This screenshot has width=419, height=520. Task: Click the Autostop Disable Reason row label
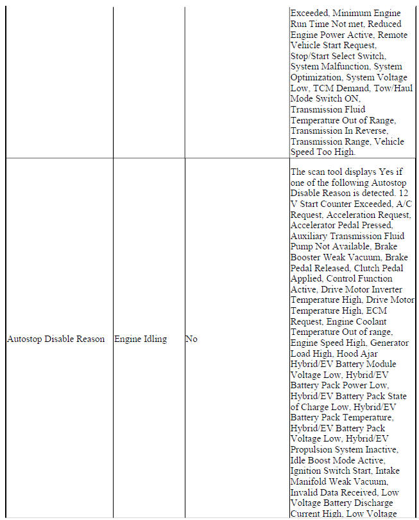tap(55, 339)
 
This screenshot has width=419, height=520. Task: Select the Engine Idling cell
tap(140, 339)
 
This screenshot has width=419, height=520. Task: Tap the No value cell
tap(191, 339)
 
